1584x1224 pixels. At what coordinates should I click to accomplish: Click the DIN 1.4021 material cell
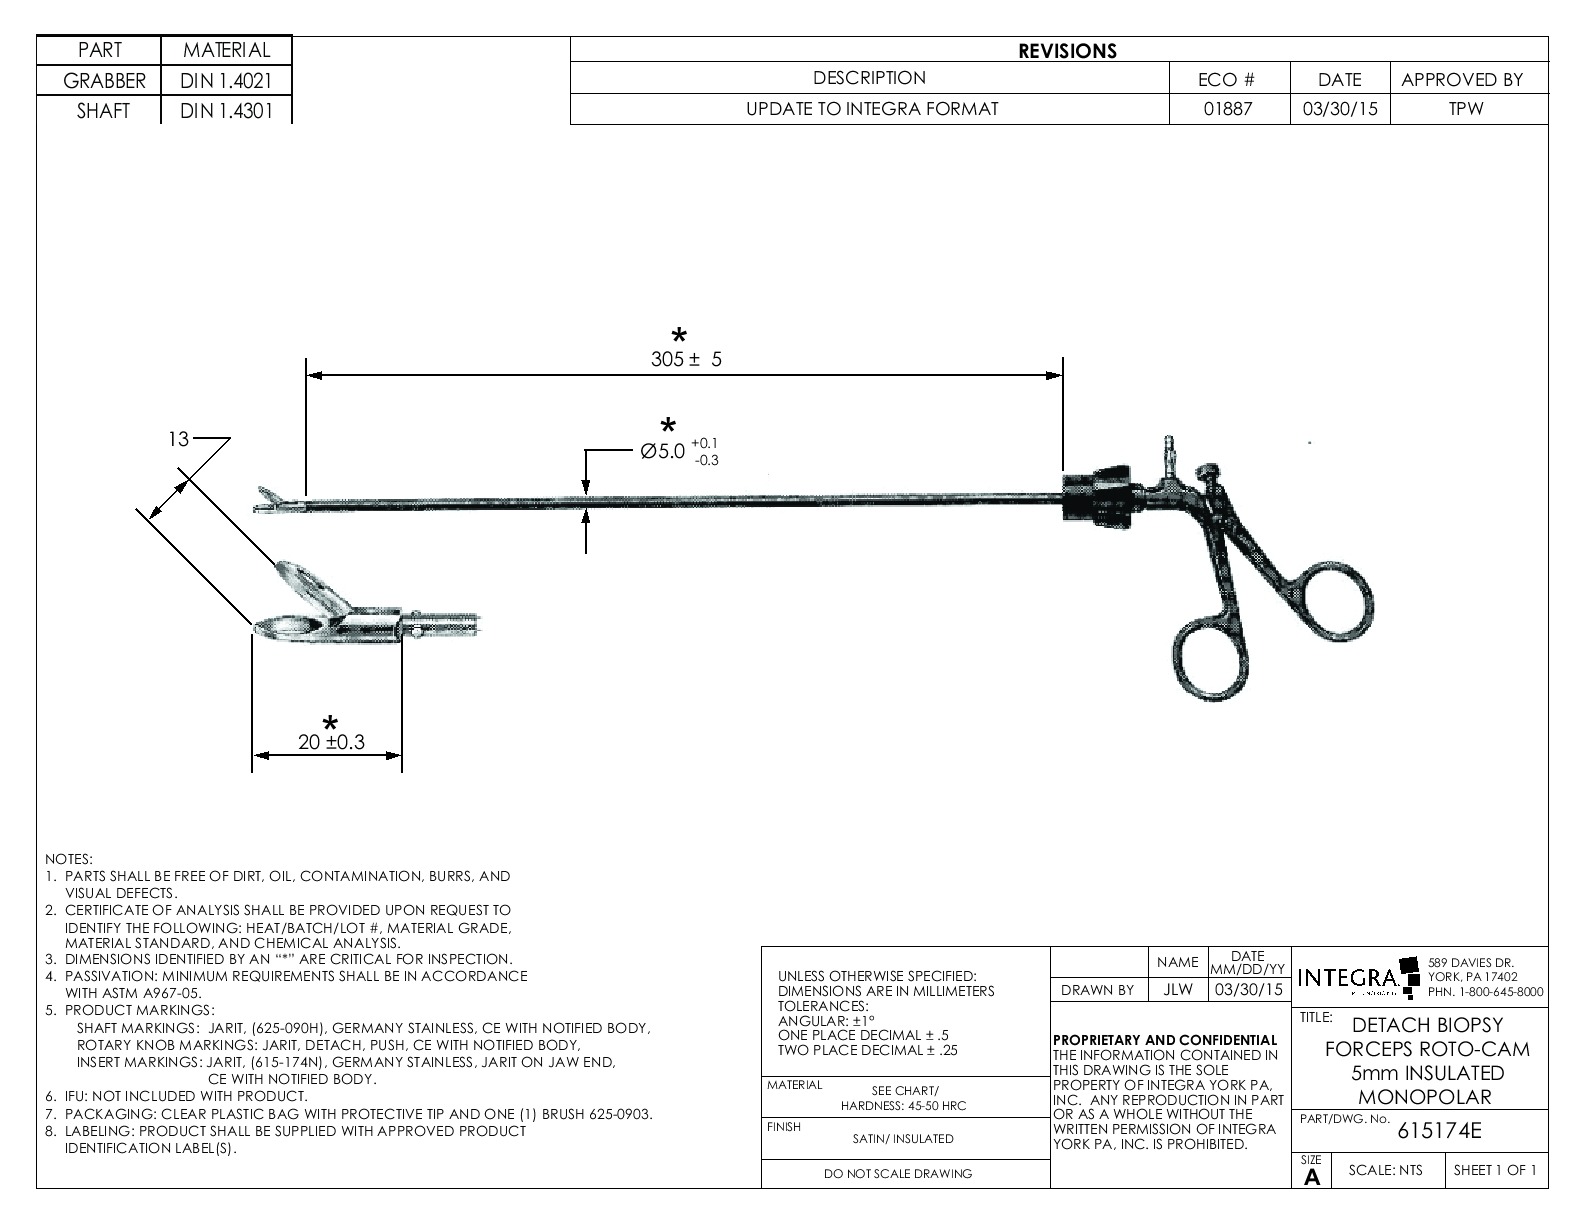226,81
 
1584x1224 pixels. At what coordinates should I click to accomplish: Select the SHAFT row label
103,111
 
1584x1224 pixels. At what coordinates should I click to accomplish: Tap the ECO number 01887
1228,109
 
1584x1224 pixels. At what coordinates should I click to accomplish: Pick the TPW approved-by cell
1466,109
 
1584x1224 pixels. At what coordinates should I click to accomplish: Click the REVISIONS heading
1067,51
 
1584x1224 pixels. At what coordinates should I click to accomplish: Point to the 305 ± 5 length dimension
686,360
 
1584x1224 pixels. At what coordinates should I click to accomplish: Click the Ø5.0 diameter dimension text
663,451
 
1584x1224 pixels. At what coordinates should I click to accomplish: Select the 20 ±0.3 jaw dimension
331,742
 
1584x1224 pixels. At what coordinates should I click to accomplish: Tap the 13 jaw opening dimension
178,439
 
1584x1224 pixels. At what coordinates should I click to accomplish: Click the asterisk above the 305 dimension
680,336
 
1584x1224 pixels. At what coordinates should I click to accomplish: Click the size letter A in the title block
1312,1177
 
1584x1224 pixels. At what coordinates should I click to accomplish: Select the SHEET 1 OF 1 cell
1494,1171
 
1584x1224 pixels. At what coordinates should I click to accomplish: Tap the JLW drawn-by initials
1178,990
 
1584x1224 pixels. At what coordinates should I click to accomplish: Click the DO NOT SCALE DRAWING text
897,1173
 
